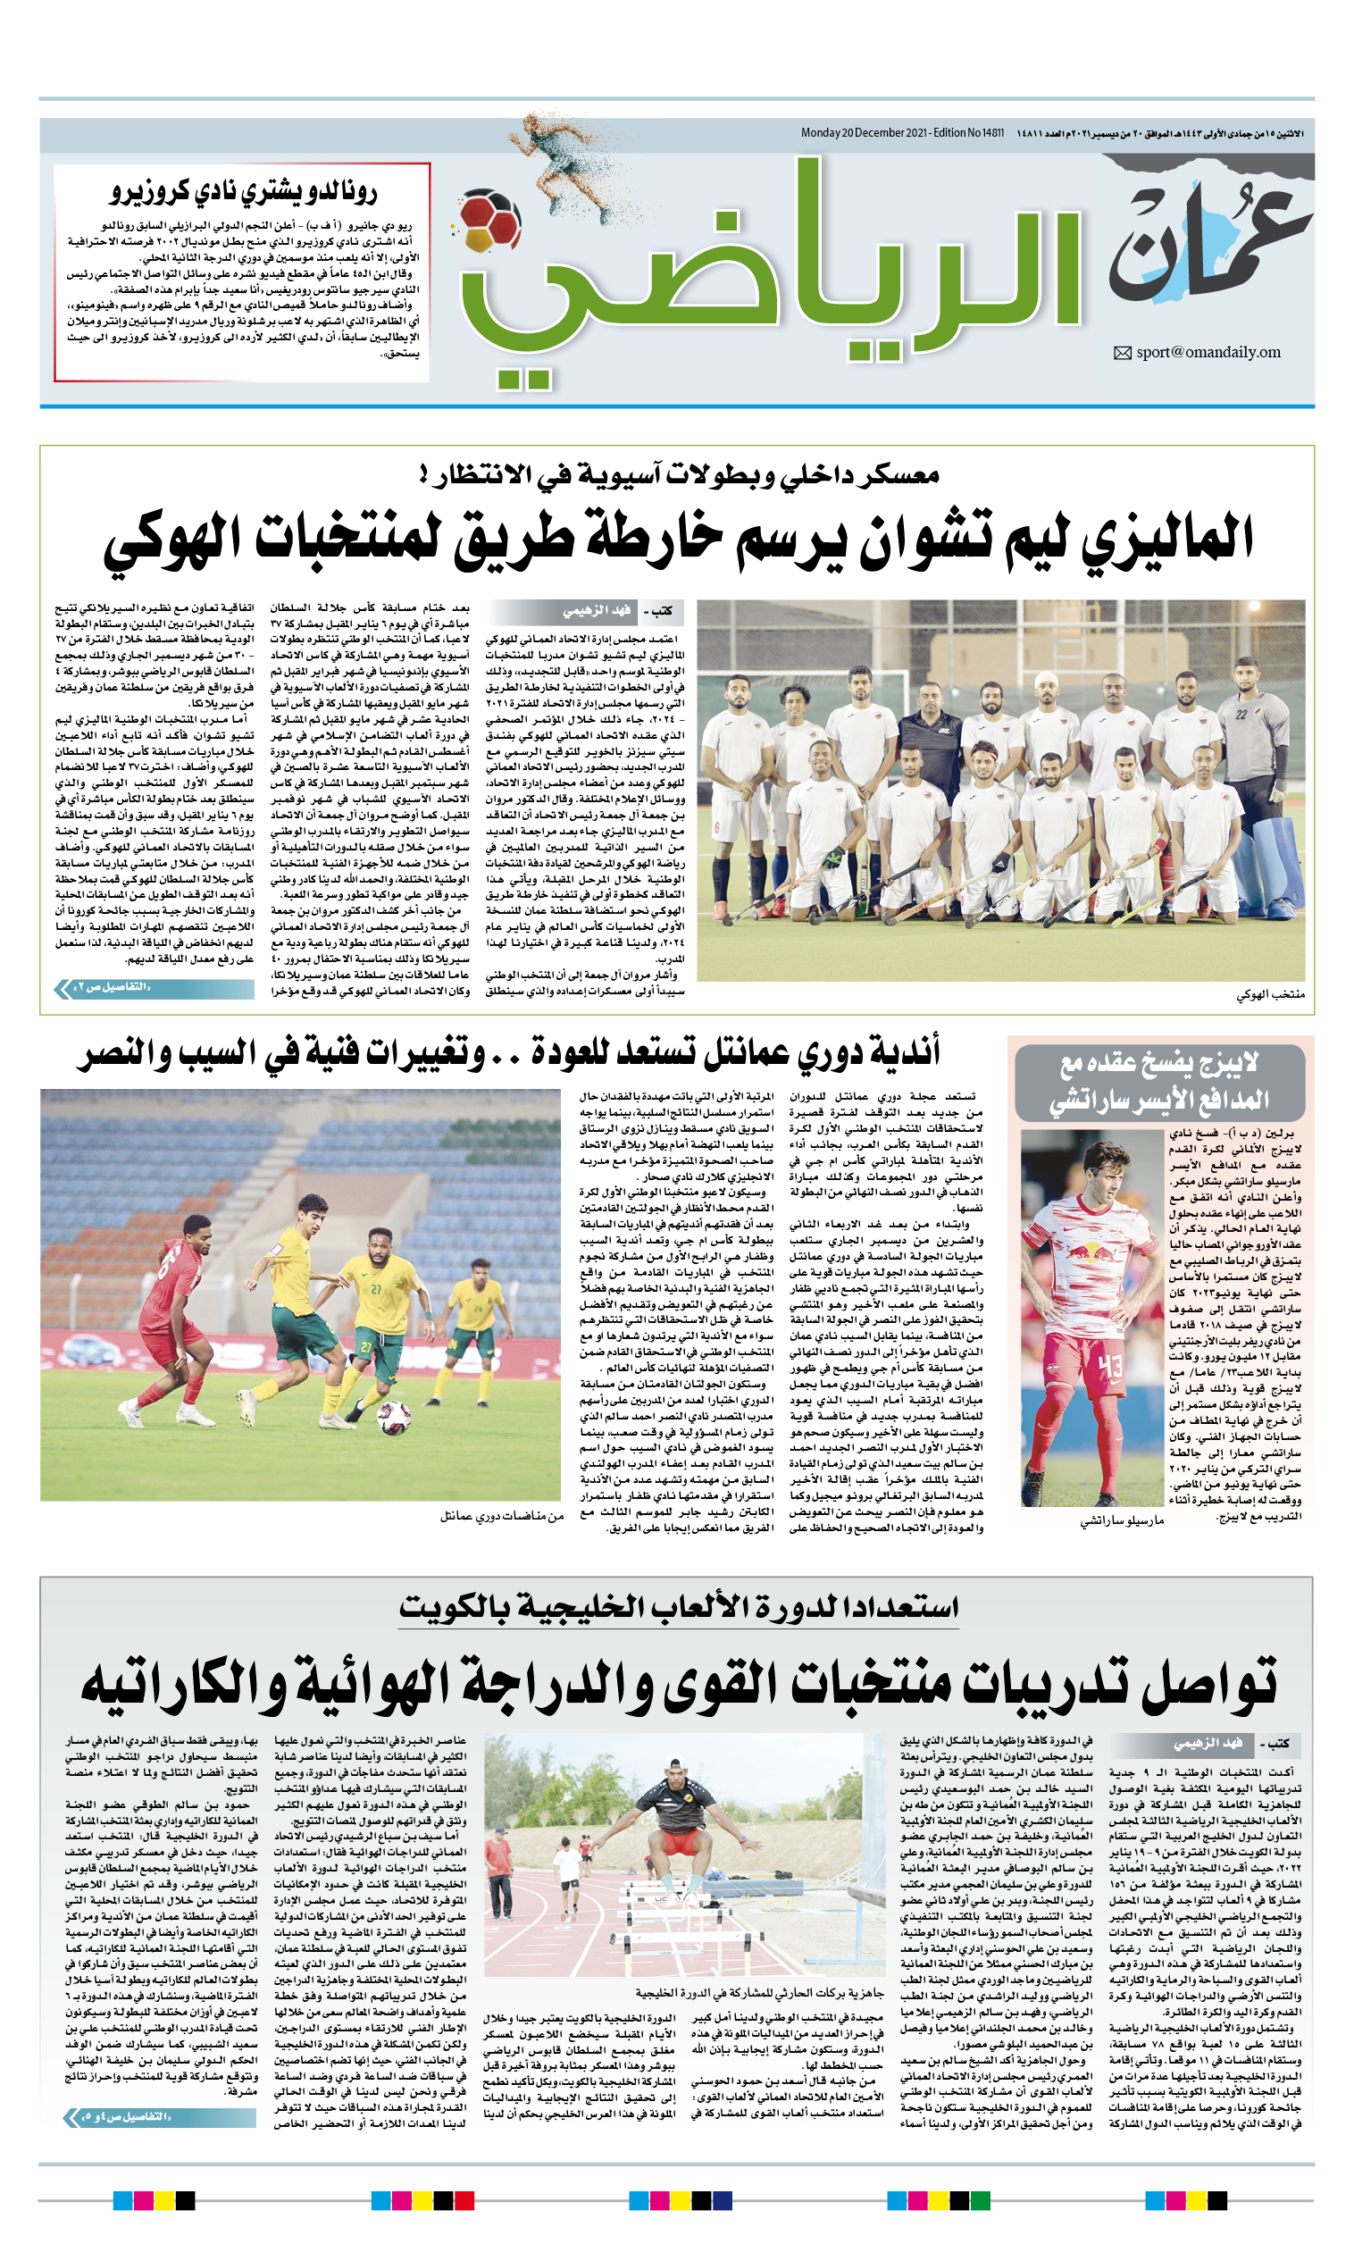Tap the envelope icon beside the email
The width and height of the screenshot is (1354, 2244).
(1122, 354)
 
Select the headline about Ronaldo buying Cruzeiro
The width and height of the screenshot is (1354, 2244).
(243, 191)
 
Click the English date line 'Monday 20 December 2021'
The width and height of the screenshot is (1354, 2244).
(901, 133)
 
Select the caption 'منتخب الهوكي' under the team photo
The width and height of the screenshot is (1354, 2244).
(1270, 995)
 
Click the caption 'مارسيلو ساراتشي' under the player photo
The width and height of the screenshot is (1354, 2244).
(1121, 1520)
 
